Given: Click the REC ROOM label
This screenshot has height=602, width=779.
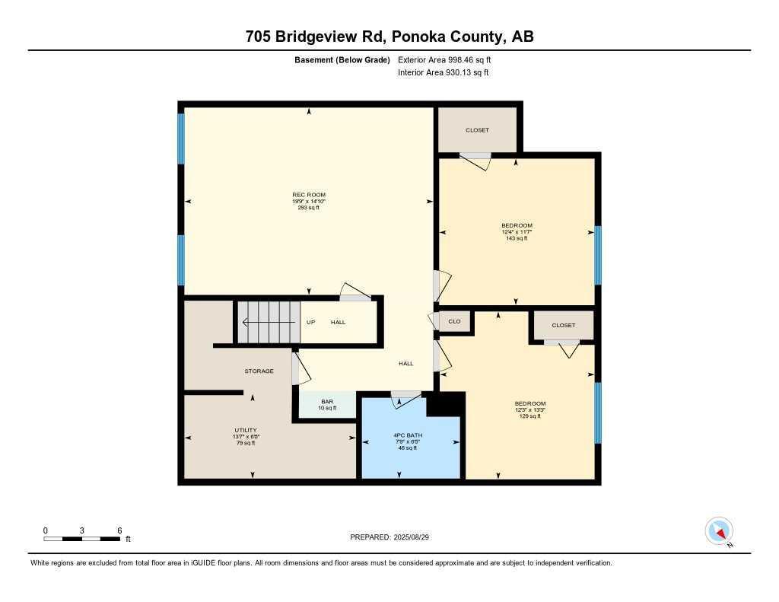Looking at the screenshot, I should pyautogui.click(x=309, y=195).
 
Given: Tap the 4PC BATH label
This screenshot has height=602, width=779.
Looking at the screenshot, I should pyautogui.click(x=398, y=435).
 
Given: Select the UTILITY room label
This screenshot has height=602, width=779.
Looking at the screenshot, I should pyautogui.click(x=246, y=430).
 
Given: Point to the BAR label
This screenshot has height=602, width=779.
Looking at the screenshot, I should pyautogui.click(x=327, y=402).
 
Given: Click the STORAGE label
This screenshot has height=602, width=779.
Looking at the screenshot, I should pyautogui.click(x=259, y=371).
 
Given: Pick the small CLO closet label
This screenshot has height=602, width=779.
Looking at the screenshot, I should pyautogui.click(x=454, y=322).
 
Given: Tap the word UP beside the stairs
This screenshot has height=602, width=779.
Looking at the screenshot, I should pyautogui.click(x=310, y=322).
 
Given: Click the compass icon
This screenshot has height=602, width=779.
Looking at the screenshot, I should pyautogui.click(x=719, y=530).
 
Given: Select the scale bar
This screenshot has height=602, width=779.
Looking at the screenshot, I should pyautogui.click(x=82, y=538).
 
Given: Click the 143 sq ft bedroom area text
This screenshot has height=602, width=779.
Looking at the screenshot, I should pyautogui.click(x=517, y=238).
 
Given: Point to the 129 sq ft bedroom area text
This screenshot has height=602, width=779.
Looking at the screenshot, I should pyautogui.click(x=529, y=416).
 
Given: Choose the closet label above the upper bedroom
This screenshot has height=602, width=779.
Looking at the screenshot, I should pyautogui.click(x=477, y=130).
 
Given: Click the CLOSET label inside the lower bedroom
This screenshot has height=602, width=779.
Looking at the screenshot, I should pyautogui.click(x=564, y=325).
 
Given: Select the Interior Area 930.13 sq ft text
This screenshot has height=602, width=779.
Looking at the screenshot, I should pyautogui.click(x=444, y=73).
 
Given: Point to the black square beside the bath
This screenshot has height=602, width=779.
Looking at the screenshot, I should pyautogui.click(x=445, y=405).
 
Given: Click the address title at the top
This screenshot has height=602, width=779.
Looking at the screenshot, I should pyautogui.click(x=389, y=37).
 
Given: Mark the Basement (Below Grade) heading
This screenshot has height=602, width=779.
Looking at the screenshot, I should pyautogui.click(x=342, y=59).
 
